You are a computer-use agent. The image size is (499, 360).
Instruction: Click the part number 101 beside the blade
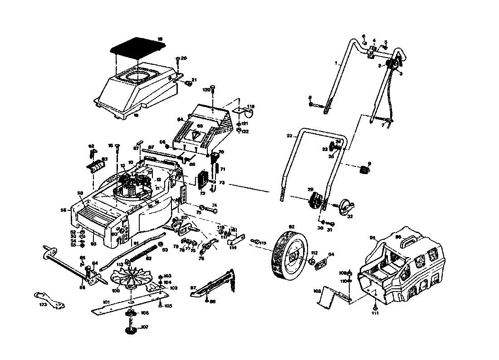106,302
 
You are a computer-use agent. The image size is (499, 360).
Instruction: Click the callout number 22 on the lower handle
289,136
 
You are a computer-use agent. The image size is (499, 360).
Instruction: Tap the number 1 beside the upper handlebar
337,63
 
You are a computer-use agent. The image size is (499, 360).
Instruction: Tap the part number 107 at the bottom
144,327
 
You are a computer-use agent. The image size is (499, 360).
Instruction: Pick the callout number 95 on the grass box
372,238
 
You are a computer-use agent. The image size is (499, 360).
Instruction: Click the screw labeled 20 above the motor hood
177,59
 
